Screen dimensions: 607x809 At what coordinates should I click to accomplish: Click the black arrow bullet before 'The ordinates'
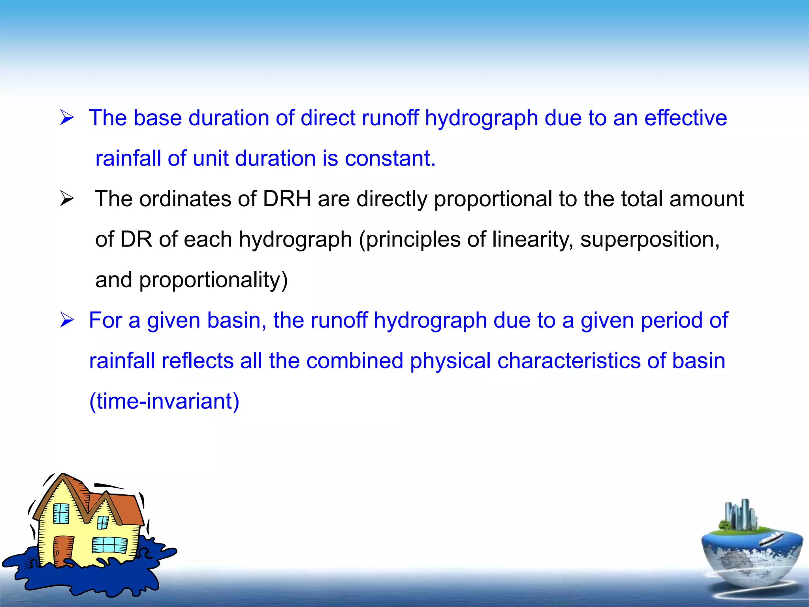pyautogui.click(x=67, y=198)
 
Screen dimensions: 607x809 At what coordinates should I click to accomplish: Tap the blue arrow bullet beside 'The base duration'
pyautogui.click(x=67, y=118)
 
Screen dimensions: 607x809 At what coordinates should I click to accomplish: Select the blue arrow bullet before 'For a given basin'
pyautogui.click(x=67, y=320)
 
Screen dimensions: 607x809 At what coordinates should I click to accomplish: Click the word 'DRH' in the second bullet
pyautogui.click(x=287, y=198)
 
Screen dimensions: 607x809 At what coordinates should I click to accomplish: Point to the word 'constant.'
pyautogui.click(x=390, y=158)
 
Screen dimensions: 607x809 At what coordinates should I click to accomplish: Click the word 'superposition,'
pyautogui.click(x=650, y=239)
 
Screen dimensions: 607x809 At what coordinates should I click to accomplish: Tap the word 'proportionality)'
pyautogui.click(x=213, y=280)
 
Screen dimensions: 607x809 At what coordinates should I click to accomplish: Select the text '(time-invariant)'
pyautogui.click(x=164, y=401)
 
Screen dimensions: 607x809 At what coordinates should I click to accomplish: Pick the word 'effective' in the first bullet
pyautogui.click(x=686, y=118)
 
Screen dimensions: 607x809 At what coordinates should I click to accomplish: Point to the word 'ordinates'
pyautogui.click(x=185, y=198)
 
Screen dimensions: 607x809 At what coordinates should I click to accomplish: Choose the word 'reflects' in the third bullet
pyautogui.click(x=198, y=360)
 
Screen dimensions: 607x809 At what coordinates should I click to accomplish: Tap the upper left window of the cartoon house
pyautogui.click(x=61, y=513)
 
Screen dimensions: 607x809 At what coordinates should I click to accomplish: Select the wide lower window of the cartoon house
pyautogui.click(x=109, y=545)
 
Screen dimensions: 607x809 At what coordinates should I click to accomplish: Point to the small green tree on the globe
pyautogui.click(x=724, y=526)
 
